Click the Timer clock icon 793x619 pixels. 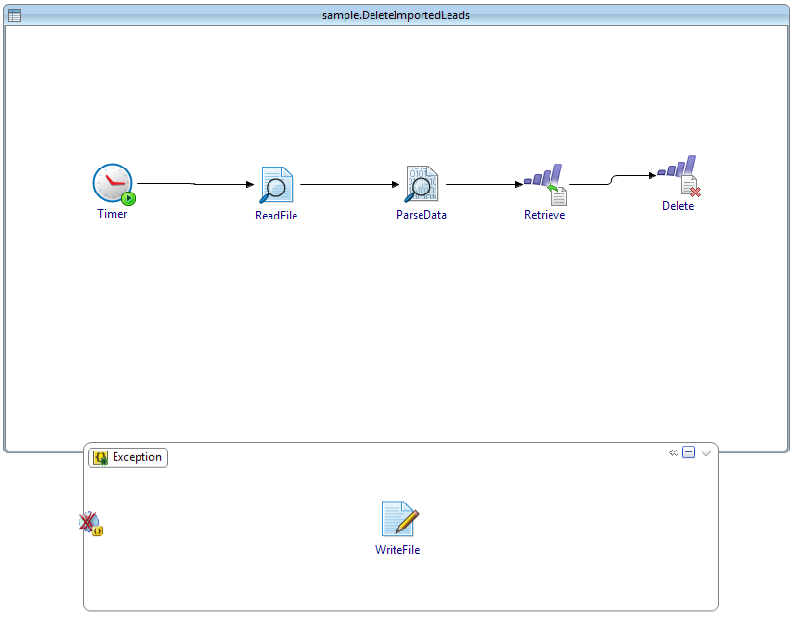click(x=113, y=183)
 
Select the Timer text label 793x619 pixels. click(x=113, y=214)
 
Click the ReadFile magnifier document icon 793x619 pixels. click(x=276, y=185)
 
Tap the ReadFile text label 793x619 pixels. click(x=276, y=216)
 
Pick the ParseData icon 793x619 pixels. click(x=422, y=185)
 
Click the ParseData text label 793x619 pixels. click(x=422, y=215)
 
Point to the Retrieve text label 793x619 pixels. click(x=545, y=215)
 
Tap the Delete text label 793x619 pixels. click(x=678, y=206)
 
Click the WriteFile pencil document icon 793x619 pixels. click(x=398, y=519)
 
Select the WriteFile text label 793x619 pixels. click(x=397, y=550)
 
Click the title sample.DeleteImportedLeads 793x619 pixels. click(x=396, y=15)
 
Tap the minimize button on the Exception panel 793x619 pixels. click(x=688, y=452)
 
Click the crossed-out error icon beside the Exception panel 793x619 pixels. click(x=90, y=523)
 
